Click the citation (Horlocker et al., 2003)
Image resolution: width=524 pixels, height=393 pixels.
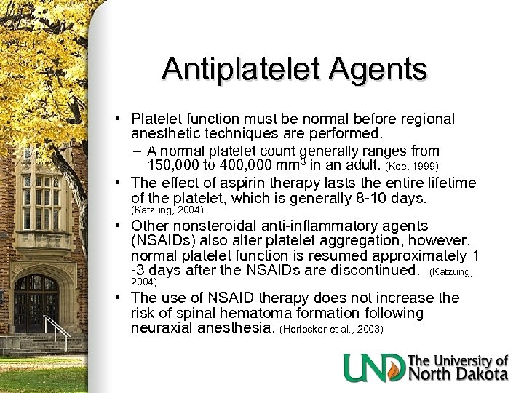[x=331, y=330]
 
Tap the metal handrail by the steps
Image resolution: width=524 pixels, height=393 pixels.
[x=62, y=331]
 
